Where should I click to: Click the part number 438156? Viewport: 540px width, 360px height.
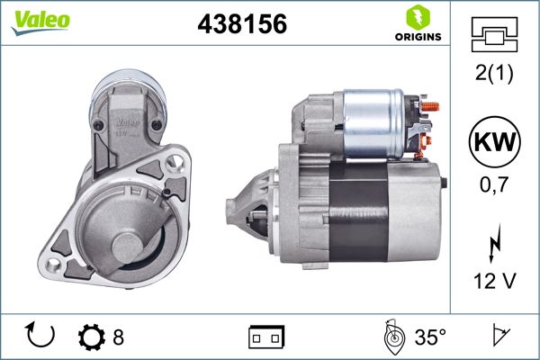241,26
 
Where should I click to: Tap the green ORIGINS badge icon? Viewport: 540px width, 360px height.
416,18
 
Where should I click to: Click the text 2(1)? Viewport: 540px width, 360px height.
494,74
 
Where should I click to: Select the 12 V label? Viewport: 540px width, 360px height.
494,282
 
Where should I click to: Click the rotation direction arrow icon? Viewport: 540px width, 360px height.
41,337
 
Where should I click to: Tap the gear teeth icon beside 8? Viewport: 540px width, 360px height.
91,337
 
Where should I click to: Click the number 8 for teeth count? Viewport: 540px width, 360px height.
118,337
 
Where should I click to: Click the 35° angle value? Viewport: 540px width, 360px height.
429,337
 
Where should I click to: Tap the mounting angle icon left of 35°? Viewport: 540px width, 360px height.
391,337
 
